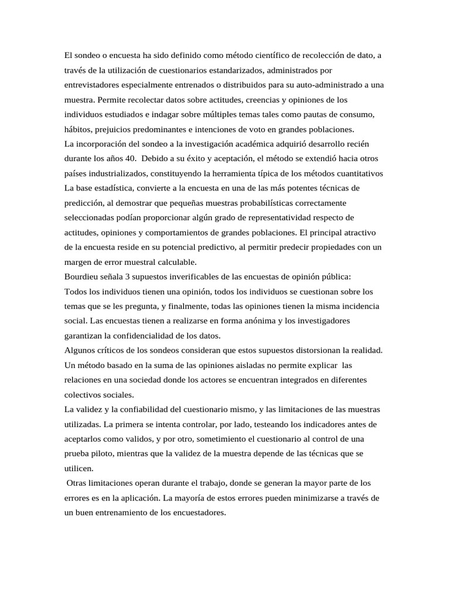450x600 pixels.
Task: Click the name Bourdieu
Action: tap(83, 276)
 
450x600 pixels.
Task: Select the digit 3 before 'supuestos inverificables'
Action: tap(128, 276)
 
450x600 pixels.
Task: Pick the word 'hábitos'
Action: tap(78, 129)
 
